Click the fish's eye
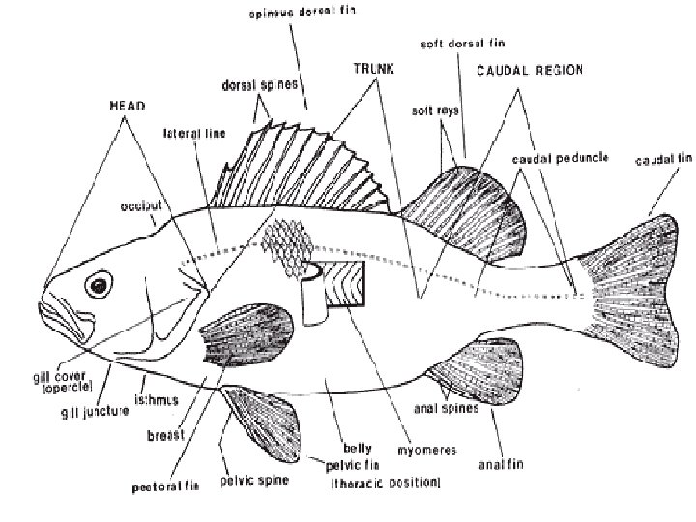pos(98,285)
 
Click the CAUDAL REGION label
pos(523,72)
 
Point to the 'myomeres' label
pos(430,450)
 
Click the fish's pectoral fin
pos(246,333)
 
